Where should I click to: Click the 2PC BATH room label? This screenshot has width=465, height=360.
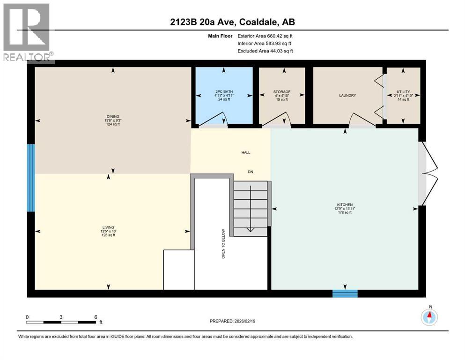tap(224, 91)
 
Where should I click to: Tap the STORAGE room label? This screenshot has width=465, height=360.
tap(282, 92)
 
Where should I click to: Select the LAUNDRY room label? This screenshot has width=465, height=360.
tap(347, 95)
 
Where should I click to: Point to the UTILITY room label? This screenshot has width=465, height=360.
tap(403, 92)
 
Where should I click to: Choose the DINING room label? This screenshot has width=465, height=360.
tap(112, 116)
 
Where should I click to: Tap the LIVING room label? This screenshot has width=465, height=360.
tap(109, 227)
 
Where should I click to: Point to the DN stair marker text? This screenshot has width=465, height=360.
tap(251, 172)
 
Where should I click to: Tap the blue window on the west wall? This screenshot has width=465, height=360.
tap(31, 178)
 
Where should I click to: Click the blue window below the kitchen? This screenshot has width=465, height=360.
tap(345, 294)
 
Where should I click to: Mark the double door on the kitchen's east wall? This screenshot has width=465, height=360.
tap(428, 173)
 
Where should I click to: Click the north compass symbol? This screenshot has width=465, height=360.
tap(429, 317)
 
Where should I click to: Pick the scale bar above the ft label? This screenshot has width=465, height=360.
tap(61, 322)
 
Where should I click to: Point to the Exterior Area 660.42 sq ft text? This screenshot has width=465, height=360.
tap(265, 36)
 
